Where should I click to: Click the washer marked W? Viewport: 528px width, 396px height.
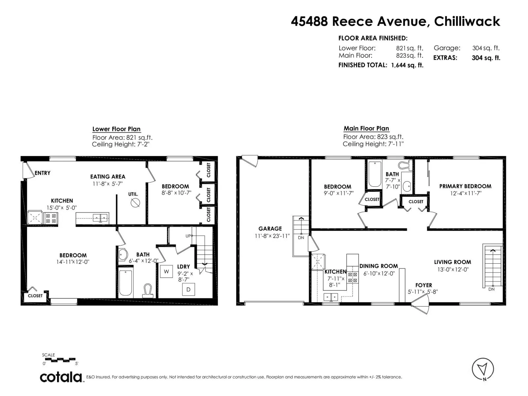pyautogui.click(x=166, y=272)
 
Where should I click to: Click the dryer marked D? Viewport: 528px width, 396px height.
pyautogui.click(x=188, y=289)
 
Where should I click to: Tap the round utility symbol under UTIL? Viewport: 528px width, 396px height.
pyautogui.click(x=135, y=203)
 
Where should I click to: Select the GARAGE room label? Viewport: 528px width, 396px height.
pyautogui.click(x=270, y=228)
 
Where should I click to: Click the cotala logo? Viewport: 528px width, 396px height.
pyautogui.click(x=61, y=378)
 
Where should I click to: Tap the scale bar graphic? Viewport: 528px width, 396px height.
pyautogui.click(x=60, y=360)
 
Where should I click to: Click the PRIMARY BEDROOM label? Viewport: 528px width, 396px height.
pyautogui.click(x=465, y=186)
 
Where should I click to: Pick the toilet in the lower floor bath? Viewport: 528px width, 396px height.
pyautogui.click(x=148, y=291)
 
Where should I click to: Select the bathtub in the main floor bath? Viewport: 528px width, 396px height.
pyautogui.click(x=375, y=174)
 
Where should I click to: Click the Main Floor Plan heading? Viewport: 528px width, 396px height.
pyautogui.click(x=366, y=128)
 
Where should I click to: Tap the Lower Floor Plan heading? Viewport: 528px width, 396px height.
pyautogui.click(x=116, y=129)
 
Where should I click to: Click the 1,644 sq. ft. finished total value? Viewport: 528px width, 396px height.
pyautogui.click(x=407, y=65)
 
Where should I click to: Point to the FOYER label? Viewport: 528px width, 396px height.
pyautogui.click(x=424, y=285)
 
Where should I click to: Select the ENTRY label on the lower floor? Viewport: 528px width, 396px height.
pyautogui.click(x=42, y=173)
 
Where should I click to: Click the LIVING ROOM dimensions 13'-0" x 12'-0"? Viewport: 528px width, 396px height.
pyautogui.click(x=452, y=269)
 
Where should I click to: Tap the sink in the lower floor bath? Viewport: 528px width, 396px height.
pyautogui.click(x=123, y=254)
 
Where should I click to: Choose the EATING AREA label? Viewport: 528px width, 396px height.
pyautogui.click(x=108, y=177)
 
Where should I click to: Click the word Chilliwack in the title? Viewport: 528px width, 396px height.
pyautogui.click(x=467, y=21)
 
